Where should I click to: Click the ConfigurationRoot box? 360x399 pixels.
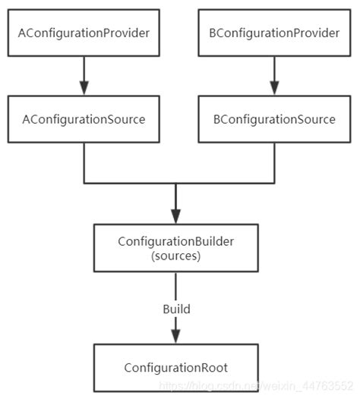[176, 368]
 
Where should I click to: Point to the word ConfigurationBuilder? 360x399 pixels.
[176, 241]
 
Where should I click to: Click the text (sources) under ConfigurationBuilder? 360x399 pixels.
[176, 256]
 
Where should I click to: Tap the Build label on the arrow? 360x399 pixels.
[176, 309]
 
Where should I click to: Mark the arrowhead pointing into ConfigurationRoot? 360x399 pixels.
[176, 334]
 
